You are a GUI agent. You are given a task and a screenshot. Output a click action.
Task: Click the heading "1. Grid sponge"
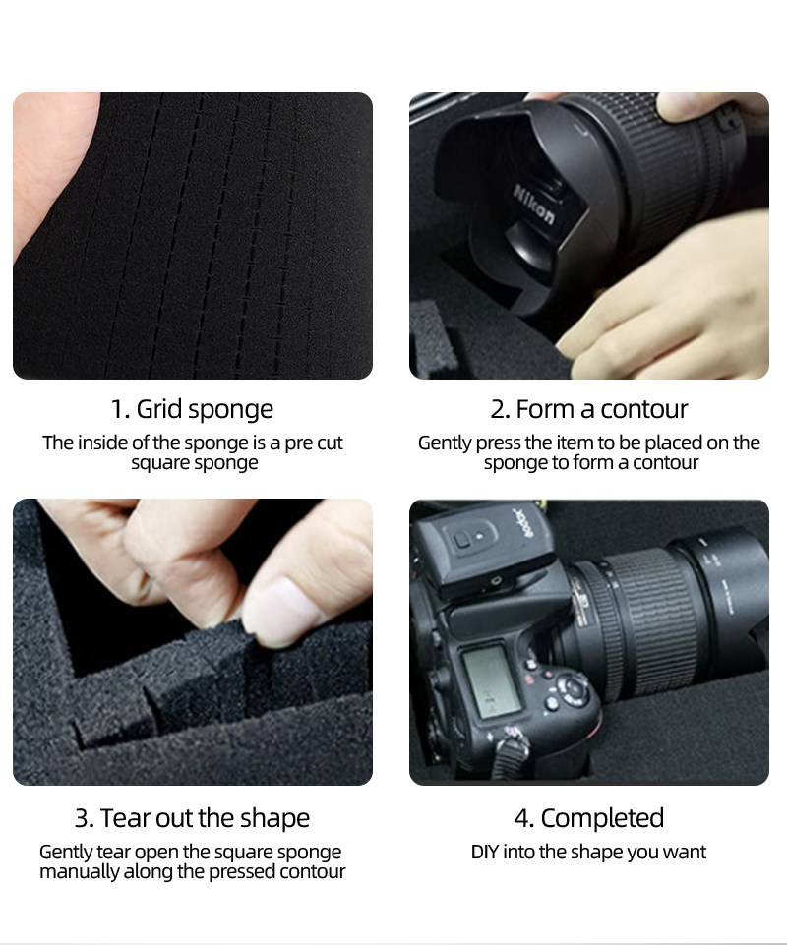(x=192, y=410)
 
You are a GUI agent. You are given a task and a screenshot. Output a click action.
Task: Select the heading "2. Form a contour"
(x=588, y=409)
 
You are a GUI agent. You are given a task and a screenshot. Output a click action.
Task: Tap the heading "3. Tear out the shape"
(x=192, y=818)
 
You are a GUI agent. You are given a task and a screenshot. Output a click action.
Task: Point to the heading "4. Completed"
(x=588, y=818)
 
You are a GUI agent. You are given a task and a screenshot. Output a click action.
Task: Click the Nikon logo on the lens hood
(x=533, y=205)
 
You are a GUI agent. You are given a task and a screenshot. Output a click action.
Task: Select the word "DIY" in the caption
(x=485, y=853)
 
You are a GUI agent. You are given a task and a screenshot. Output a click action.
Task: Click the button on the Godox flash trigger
(x=462, y=540)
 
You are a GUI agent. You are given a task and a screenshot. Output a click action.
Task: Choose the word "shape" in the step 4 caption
(x=596, y=853)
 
